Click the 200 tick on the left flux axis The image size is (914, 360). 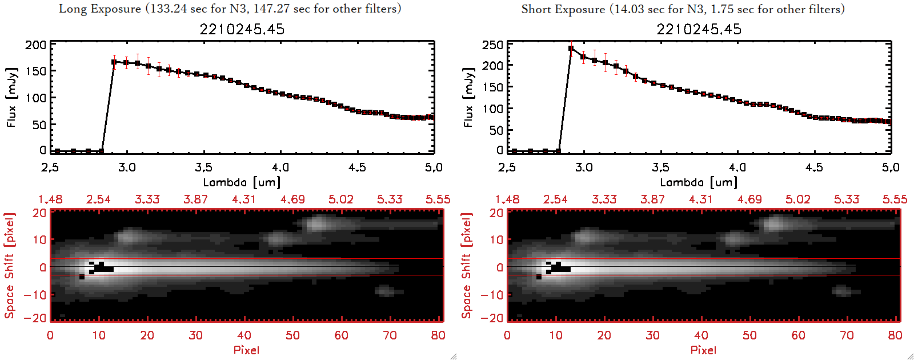pos(35,45)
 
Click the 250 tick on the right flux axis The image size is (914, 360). pos(492,45)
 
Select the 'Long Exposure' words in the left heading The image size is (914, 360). pos(100,9)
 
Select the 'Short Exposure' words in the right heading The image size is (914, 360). pos(563,9)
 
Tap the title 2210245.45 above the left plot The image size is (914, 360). pos(242,29)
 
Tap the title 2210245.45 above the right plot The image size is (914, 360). pos(699,29)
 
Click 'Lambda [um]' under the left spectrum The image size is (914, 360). pos(242,182)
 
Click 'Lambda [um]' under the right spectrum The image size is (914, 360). pos(699,182)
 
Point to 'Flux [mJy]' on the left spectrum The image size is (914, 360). pos(12,97)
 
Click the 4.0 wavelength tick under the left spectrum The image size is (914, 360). pos(280,167)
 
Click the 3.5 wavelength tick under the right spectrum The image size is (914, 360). pos(660,167)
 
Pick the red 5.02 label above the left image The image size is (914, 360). pos(341,199)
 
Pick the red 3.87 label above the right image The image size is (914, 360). pos(652,199)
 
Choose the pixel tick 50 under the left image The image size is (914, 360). pos(292,335)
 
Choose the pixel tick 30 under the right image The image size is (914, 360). pos(652,335)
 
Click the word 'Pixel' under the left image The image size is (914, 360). pos(246,350)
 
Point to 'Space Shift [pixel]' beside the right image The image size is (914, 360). pos(467,266)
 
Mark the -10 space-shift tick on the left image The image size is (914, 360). pos(35,294)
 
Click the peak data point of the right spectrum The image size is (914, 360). pos(571,49)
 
